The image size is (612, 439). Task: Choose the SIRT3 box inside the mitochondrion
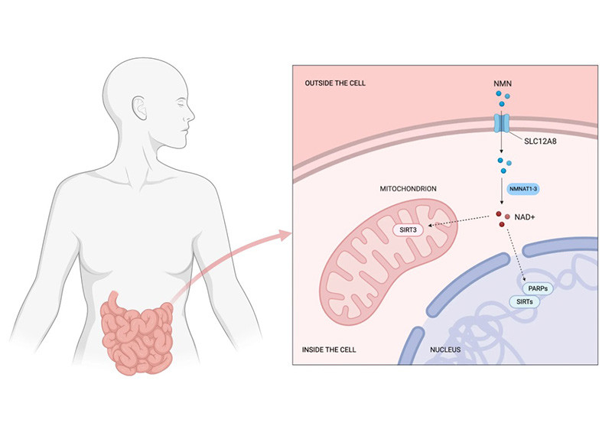tap(409, 227)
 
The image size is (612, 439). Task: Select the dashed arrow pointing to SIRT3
tap(459, 223)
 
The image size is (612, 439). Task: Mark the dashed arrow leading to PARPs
tap(513, 256)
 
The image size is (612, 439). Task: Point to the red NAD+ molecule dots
tap(502, 219)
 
